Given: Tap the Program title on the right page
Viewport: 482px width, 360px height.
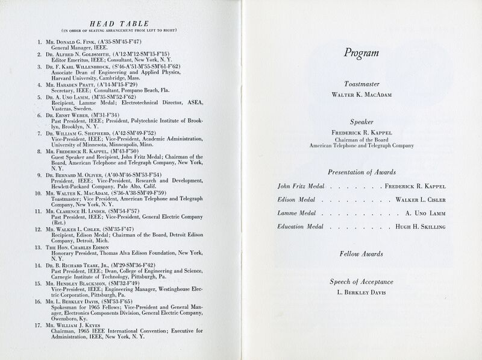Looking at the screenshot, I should tap(361, 52).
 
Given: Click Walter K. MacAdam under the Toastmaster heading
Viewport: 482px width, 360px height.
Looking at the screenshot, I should tap(361, 95).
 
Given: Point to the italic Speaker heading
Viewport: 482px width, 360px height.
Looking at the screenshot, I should tap(361, 121).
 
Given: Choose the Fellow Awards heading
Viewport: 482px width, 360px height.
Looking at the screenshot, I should tap(361, 254).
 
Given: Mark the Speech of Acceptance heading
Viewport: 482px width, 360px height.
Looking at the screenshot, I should tap(361, 282).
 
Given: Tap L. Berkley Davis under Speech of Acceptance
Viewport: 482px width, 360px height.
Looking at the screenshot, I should tap(361, 292).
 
